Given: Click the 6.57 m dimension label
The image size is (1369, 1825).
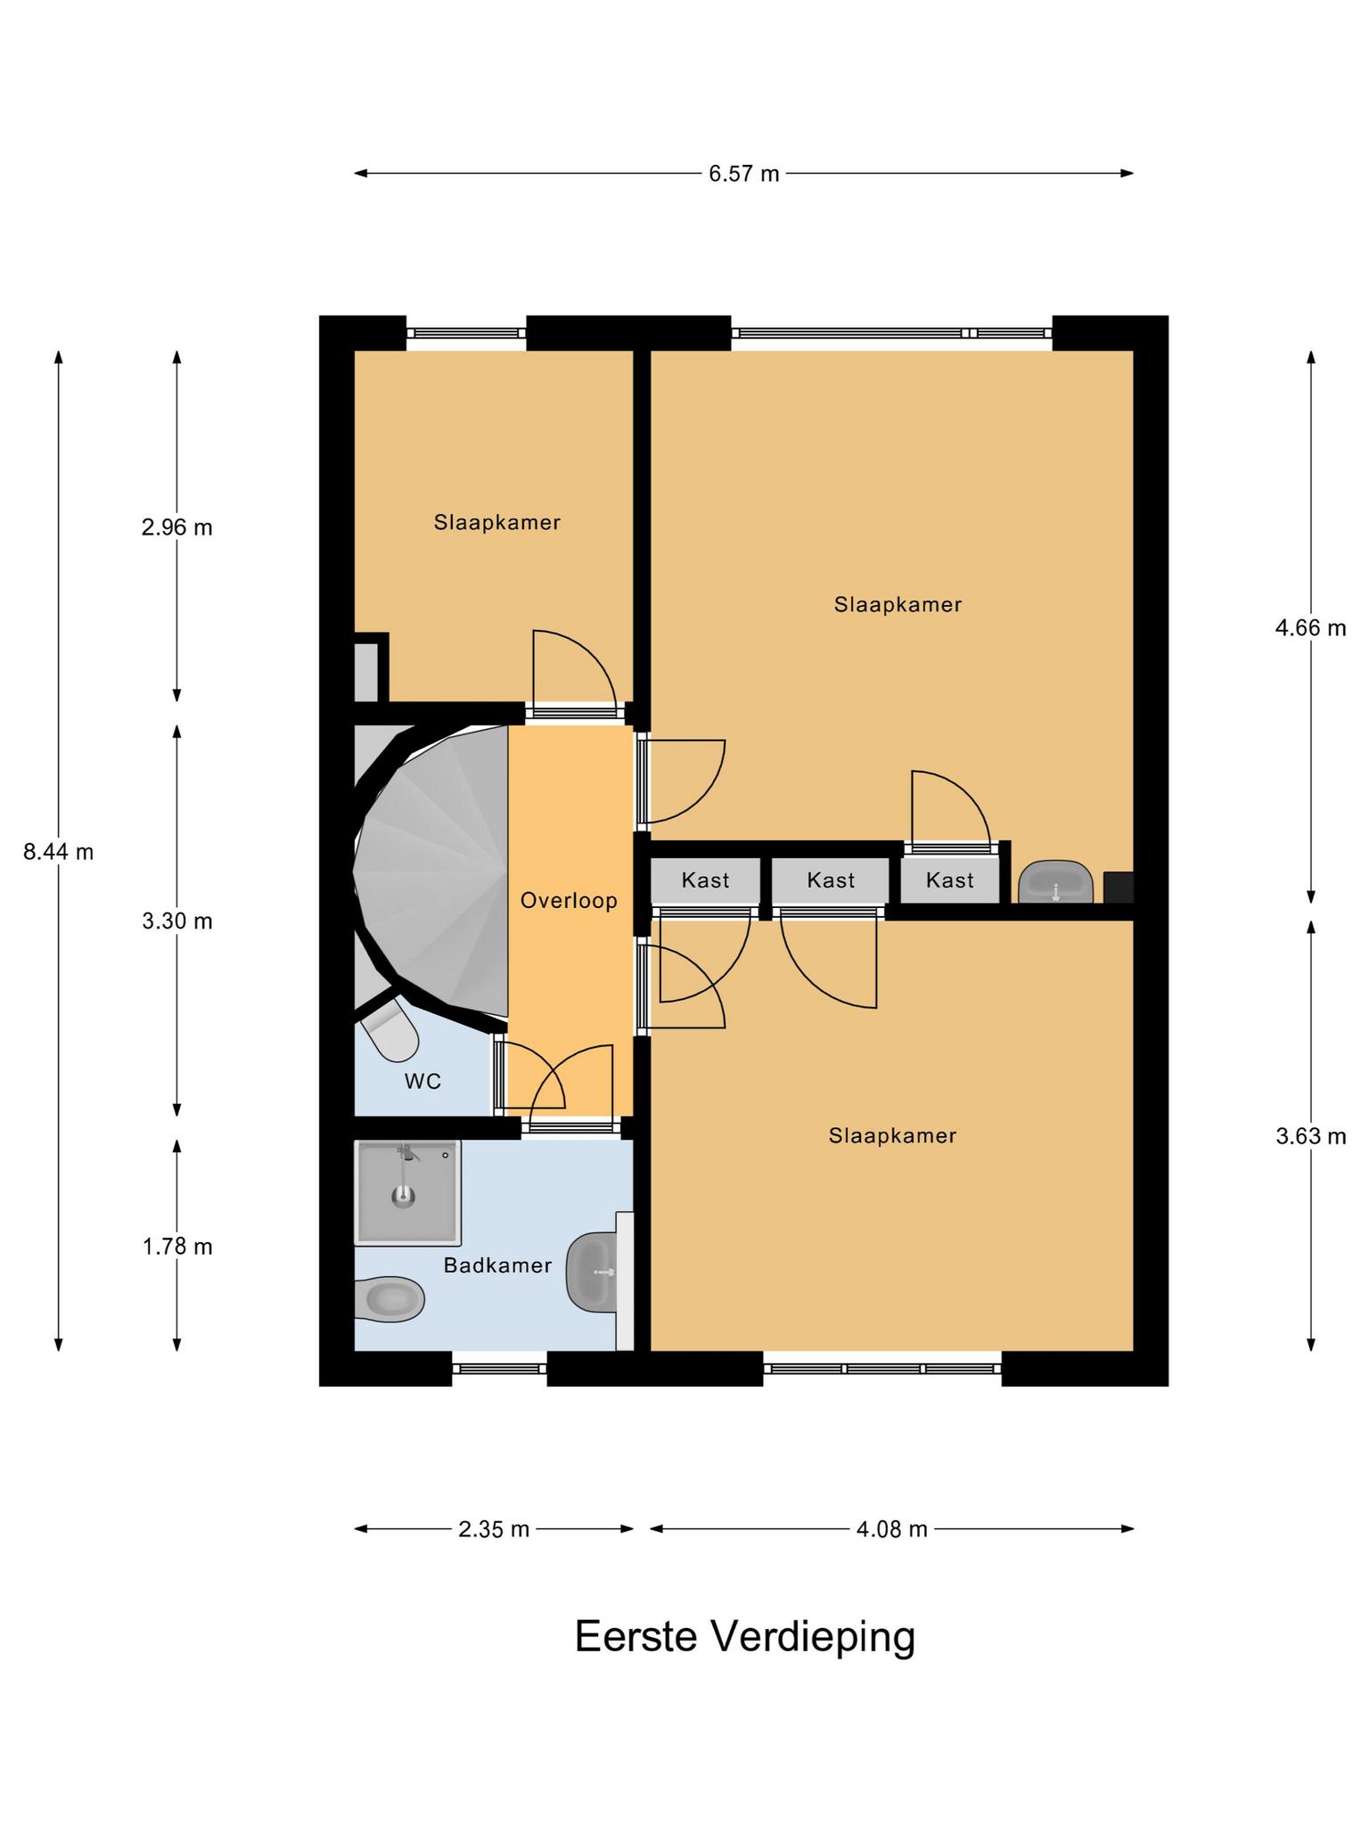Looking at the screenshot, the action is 743,174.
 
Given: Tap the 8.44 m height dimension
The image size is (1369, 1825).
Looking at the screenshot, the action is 59,852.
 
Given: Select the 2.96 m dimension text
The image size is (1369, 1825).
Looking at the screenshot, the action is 177,528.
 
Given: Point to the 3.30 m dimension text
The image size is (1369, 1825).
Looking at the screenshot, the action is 177,921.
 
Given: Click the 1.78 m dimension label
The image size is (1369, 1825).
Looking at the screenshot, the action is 177,1246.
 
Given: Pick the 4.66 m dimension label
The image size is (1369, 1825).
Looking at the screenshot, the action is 1310,628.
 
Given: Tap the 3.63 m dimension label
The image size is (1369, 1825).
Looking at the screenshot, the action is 1310,1136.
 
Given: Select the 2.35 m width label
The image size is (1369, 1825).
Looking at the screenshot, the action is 494,1530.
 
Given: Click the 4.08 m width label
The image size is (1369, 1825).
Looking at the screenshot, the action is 892,1530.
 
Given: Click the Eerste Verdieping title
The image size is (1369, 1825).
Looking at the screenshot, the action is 745,1637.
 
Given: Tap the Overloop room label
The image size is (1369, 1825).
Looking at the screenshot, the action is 569,901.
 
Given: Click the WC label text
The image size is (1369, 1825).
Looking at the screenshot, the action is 422,1082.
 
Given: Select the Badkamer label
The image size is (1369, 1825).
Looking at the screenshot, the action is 498,1265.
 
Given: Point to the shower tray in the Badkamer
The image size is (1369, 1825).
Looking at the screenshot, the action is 408,1192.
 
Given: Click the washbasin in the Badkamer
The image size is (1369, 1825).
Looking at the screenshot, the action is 592,1273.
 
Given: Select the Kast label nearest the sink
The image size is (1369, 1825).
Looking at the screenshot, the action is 950,881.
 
